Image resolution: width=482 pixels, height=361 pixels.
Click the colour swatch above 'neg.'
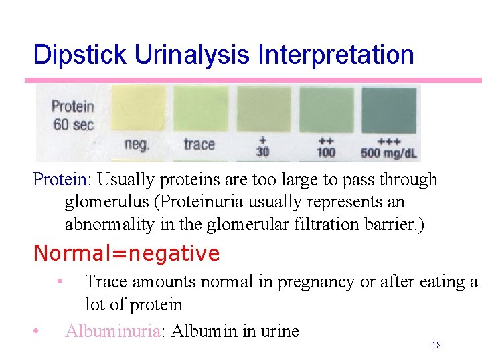(x=139, y=108)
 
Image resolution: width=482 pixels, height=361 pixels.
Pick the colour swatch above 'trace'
(x=201, y=108)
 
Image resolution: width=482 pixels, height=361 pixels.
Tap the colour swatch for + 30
(x=264, y=108)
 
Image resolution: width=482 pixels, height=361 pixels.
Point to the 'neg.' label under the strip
(x=137, y=144)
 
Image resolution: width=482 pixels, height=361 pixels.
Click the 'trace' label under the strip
(x=199, y=144)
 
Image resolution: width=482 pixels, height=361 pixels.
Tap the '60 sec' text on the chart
(x=73, y=125)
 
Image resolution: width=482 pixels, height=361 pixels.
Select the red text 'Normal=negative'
(x=127, y=254)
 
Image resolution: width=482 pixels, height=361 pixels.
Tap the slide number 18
(x=436, y=346)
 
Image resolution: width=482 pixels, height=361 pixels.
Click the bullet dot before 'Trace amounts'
(x=60, y=281)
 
